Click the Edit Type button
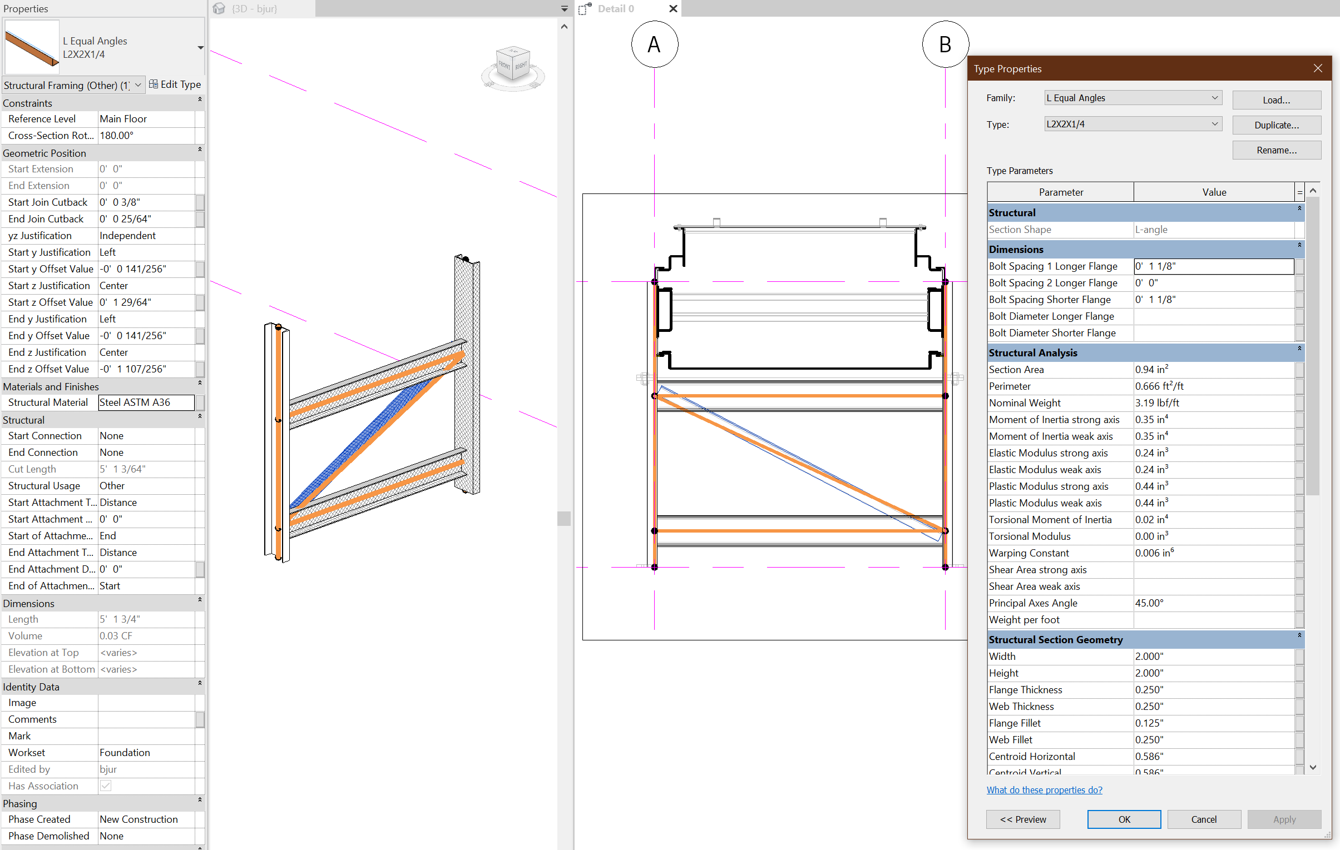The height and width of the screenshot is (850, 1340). click(175, 84)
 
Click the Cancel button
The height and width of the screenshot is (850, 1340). click(1204, 819)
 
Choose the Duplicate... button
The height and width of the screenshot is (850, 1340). click(1276, 125)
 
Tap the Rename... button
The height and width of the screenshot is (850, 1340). click(1276, 150)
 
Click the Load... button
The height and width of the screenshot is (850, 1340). click(1276, 100)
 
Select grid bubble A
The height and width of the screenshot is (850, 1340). click(654, 44)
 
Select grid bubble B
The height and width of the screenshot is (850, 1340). click(945, 44)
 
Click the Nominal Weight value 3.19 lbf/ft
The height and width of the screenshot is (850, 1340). click(1213, 402)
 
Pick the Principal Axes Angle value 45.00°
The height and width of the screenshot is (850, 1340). click(1213, 603)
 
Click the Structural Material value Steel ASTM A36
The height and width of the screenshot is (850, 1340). click(146, 402)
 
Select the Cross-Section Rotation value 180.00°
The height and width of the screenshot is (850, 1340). click(146, 135)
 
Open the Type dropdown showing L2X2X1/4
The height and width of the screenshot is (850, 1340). click(1133, 124)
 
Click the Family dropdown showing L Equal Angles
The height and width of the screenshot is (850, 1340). click(1133, 98)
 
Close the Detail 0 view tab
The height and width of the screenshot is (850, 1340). click(673, 9)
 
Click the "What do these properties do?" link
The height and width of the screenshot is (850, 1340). click(1044, 790)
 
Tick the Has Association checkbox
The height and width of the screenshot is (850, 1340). click(106, 786)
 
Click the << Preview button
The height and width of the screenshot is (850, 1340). click(1023, 819)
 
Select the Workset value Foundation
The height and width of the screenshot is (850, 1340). click(146, 753)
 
